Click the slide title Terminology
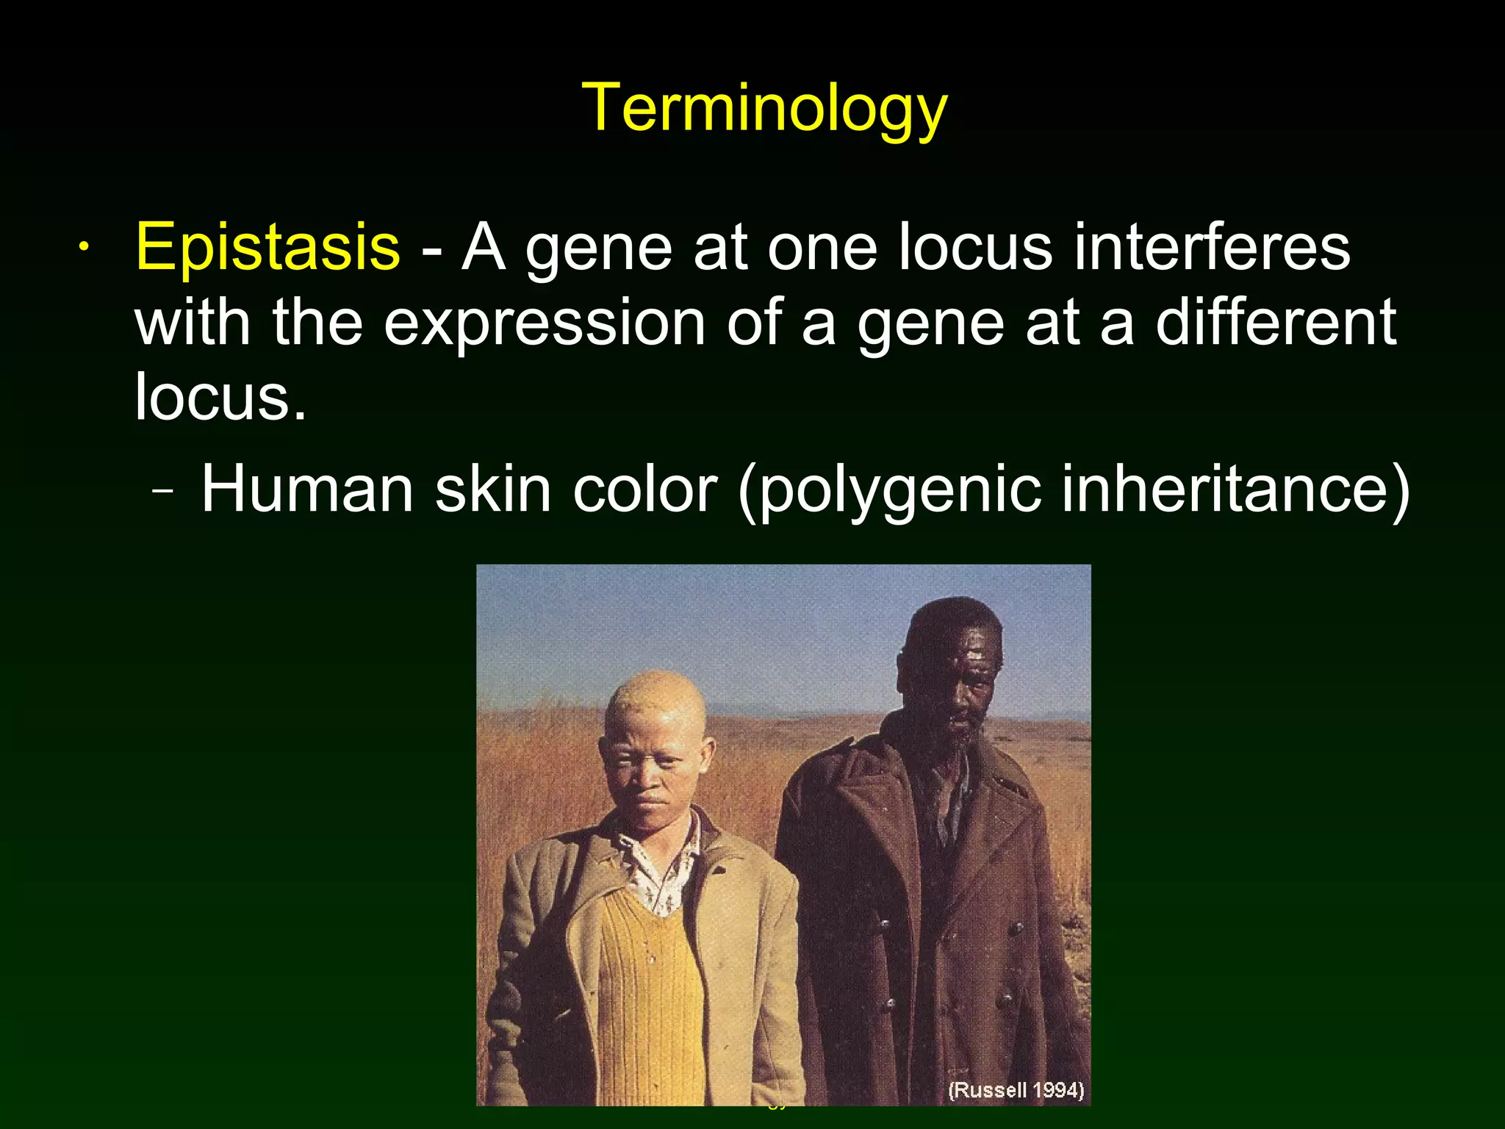click(764, 108)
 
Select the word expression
click(544, 323)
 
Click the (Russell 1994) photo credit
click(1016, 1089)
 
